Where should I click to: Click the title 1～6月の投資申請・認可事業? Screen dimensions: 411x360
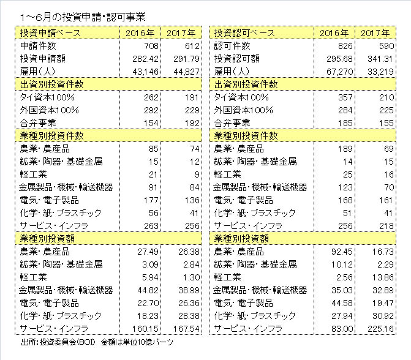tap(83, 17)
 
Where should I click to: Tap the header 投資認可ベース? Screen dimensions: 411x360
tap(244, 33)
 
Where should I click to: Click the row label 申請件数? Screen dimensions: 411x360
tap(38, 46)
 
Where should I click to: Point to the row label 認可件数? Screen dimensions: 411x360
tap(232, 46)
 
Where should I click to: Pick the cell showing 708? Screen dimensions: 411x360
tap(151, 46)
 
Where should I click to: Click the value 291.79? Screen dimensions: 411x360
tap(186, 59)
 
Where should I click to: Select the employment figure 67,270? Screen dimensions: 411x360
tap(340, 72)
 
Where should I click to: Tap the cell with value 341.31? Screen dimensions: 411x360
tap(380, 59)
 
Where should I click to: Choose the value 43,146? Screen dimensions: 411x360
tap(146, 72)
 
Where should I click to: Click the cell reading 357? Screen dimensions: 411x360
tap(345, 97)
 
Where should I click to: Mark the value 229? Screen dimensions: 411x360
tap(192, 110)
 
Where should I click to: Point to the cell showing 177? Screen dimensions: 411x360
tap(151, 200)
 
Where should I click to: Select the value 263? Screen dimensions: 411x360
tap(151, 226)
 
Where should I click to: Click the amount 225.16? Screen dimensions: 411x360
tap(380, 329)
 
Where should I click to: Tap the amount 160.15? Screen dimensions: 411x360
tap(146, 329)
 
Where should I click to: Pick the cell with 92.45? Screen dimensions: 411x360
tap(342, 252)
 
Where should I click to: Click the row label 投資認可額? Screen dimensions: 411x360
tap(236, 59)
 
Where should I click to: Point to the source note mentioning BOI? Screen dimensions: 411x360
tap(97, 342)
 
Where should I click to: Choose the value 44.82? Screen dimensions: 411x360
tap(148, 290)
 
